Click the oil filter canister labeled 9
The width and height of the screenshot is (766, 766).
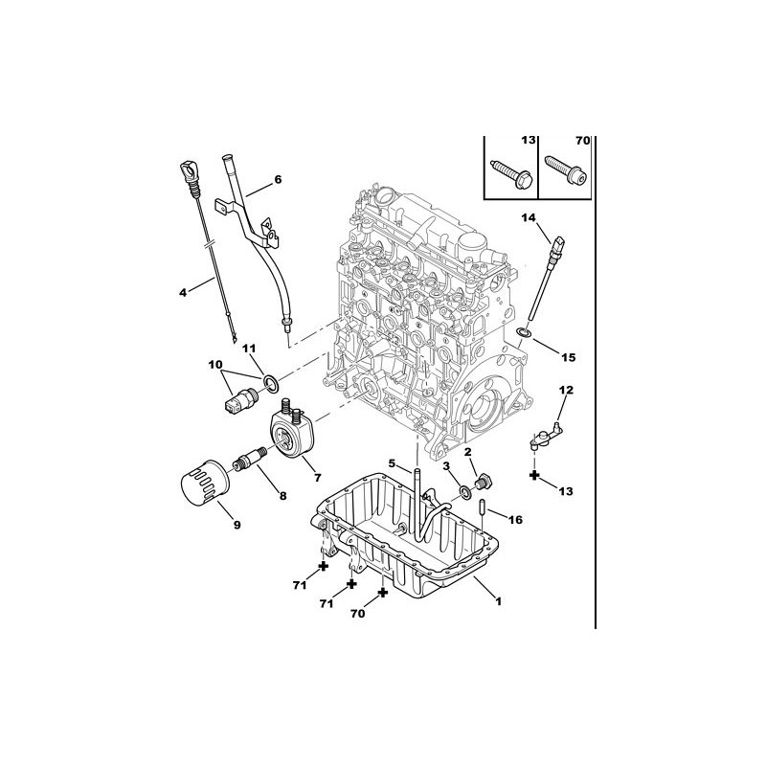(203, 485)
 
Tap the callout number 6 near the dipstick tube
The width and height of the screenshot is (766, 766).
(278, 180)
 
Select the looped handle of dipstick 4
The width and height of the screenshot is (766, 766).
(190, 172)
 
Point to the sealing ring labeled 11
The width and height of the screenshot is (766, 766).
(271, 384)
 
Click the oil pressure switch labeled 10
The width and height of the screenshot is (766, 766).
(241, 399)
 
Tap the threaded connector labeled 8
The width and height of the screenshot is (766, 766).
(250, 459)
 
